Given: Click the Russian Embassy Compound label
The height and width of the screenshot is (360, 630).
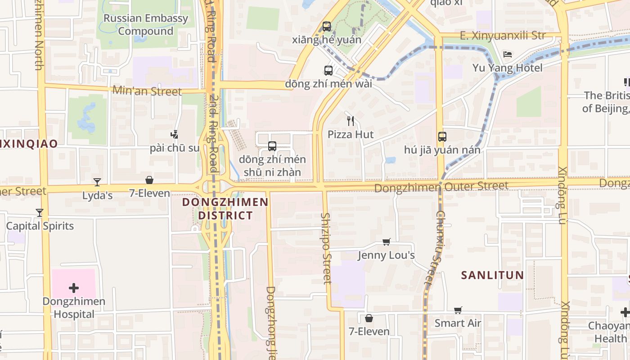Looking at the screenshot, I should [x=145, y=25].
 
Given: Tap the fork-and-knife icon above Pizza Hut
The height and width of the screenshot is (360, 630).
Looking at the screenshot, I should [x=351, y=121].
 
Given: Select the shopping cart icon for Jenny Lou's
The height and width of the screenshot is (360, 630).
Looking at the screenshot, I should [x=386, y=242].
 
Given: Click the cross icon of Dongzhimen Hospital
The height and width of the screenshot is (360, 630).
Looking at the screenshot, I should [x=74, y=288].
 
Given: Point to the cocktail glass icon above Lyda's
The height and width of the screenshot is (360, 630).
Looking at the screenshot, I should [x=97, y=182].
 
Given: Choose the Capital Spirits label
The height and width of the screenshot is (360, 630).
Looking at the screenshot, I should [x=40, y=226].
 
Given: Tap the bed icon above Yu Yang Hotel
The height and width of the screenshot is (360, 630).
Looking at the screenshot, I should [x=508, y=55].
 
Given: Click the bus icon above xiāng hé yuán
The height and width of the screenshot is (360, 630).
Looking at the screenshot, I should [x=327, y=27].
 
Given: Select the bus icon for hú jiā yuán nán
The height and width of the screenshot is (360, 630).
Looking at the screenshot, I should [x=442, y=137].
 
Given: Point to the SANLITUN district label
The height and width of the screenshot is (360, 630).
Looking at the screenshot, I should [x=492, y=275].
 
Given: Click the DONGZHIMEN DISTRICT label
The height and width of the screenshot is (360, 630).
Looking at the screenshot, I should [x=225, y=209].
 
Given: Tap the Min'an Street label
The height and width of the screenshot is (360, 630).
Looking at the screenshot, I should [x=147, y=91].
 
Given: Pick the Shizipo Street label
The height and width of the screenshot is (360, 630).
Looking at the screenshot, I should [x=326, y=248].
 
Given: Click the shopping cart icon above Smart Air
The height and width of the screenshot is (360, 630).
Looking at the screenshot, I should [x=458, y=310].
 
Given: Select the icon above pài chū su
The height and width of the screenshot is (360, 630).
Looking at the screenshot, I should [x=175, y=134].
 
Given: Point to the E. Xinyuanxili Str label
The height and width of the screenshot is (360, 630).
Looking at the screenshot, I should [x=503, y=36].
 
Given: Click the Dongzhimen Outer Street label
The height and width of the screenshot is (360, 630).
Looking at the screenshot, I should [x=441, y=186].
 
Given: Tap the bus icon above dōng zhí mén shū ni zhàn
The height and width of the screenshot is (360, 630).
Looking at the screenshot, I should [x=272, y=146].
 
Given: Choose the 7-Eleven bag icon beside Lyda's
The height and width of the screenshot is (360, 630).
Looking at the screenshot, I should [x=149, y=180].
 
